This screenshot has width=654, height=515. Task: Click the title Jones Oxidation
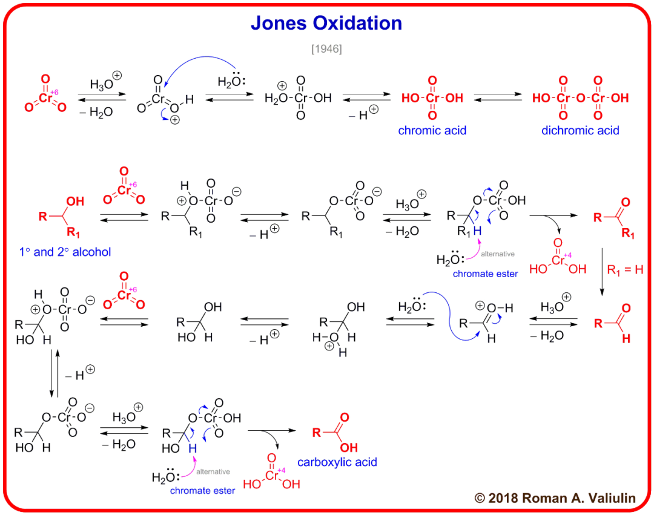coord(326,23)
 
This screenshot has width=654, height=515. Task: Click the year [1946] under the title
coord(326,49)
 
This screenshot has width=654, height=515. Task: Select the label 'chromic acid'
coord(432,130)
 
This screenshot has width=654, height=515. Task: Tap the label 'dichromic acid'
coord(580,130)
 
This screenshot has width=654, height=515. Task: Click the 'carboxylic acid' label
coord(337,462)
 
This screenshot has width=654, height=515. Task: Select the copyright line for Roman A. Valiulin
coord(555,498)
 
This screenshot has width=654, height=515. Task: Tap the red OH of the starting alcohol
coord(75,202)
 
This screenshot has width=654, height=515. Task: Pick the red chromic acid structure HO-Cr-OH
coord(432,98)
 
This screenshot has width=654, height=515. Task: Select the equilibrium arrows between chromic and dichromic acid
coord(498,98)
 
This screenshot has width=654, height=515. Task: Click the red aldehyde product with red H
coord(612,326)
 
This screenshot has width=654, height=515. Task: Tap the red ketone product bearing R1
coord(611,218)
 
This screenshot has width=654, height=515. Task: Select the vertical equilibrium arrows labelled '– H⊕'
coord(54,373)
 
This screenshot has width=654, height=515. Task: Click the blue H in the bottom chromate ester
coord(192,448)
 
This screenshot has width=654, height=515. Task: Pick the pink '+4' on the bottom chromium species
coord(280,470)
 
